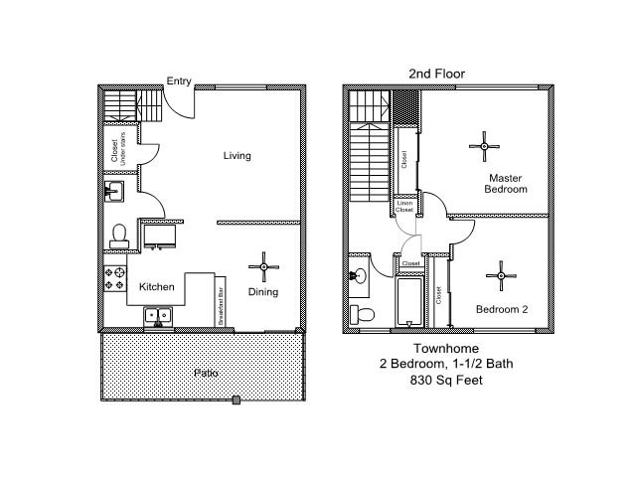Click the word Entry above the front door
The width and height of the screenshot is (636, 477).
coord(179,81)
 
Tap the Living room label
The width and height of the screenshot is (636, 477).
coord(237,155)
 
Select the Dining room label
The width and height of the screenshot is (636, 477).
coord(263,292)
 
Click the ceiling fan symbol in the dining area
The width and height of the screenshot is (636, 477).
coord(264,265)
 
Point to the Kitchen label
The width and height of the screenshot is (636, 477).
coord(156,287)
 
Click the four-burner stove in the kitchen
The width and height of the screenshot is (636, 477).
coord(114,279)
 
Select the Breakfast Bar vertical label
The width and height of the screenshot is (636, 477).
coord(221,305)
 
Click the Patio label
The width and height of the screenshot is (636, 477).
coord(206,373)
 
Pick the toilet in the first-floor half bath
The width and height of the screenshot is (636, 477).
coord(119,234)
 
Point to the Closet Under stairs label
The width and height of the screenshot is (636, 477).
coord(115,147)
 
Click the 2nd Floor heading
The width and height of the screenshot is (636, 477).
coord(436,74)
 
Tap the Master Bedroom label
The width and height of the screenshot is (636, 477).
coord(506,183)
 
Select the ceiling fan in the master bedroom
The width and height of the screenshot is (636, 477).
coord(485,147)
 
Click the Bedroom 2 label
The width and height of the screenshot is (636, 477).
coord(501,309)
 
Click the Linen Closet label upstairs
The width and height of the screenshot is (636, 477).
coord(404,207)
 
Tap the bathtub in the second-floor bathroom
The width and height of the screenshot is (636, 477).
coord(409,302)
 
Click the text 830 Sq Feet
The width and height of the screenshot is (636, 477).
coord(446,380)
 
